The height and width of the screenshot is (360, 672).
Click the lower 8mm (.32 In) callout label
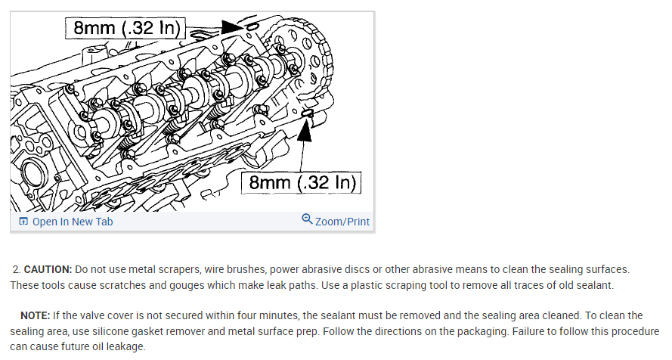pyautogui.click(x=302, y=183)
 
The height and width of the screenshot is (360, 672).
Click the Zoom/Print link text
pyautogui.click(x=342, y=222)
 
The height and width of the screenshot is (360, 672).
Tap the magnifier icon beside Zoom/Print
pyautogui.click(x=307, y=219)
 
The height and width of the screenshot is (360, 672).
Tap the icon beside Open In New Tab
pyautogui.click(x=23, y=222)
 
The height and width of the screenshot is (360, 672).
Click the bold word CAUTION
pyautogui.click(x=48, y=269)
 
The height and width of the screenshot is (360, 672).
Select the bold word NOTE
pyautogui.click(x=36, y=315)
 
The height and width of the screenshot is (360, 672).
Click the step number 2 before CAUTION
pyautogui.click(x=16, y=269)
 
